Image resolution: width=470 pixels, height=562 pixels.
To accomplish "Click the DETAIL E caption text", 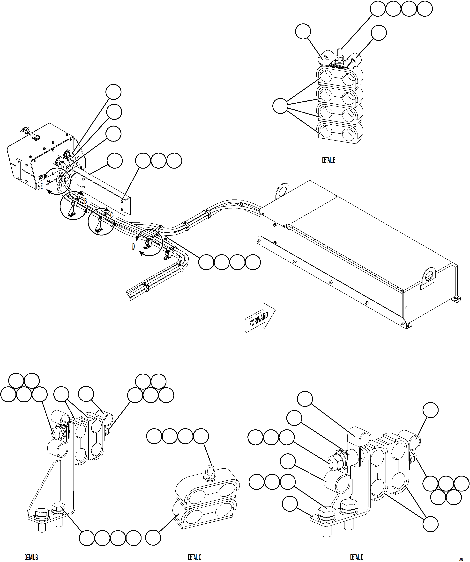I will [328, 160].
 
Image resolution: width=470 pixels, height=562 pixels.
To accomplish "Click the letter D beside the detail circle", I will [134, 247].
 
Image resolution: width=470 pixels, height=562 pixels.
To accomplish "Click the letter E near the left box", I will [42, 186].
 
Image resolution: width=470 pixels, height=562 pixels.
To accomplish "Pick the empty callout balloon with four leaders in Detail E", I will [280, 106].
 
